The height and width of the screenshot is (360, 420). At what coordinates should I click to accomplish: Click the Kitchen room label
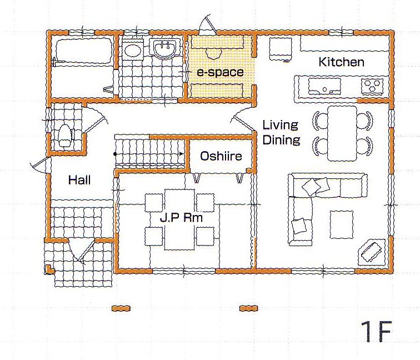(341, 62)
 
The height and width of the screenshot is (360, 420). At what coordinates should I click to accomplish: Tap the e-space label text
(220, 72)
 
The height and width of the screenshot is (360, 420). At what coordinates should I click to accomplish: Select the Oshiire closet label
(221, 156)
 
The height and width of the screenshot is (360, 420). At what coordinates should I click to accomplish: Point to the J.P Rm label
(181, 218)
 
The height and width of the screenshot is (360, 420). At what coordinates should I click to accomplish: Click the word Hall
(79, 180)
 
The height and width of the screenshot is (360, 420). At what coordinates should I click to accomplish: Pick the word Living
(280, 126)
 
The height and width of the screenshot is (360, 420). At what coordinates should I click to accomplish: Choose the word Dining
(281, 140)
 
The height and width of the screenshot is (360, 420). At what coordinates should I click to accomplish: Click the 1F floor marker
(376, 331)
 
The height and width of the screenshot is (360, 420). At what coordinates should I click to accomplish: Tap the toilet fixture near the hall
(64, 136)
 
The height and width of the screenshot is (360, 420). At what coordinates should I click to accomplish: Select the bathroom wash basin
(165, 48)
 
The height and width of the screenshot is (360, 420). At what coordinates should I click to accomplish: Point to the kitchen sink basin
(324, 86)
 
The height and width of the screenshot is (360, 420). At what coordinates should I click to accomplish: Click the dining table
(342, 133)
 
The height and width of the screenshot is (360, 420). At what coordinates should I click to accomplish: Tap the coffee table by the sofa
(342, 224)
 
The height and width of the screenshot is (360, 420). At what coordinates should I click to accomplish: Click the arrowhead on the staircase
(182, 154)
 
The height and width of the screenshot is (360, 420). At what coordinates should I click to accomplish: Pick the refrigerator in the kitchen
(280, 49)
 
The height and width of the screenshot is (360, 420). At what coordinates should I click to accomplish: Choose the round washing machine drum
(133, 50)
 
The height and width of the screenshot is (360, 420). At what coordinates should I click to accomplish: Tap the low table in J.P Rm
(179, 219)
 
